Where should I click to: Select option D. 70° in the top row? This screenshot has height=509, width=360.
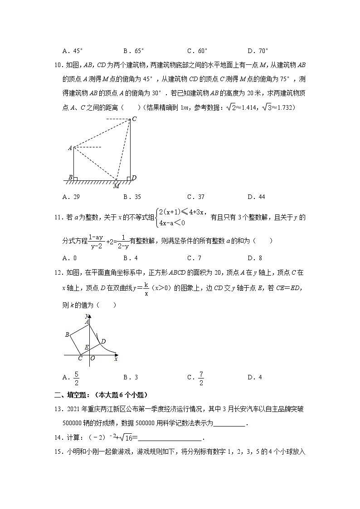(x=258, y=51)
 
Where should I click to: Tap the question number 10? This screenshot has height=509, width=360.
(x=58, y=66)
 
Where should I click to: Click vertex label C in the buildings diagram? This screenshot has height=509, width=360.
(x=134, y=119)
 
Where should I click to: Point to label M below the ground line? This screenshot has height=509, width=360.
(x=116, y=186)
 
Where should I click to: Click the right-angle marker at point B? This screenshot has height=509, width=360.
(x=75, y=178)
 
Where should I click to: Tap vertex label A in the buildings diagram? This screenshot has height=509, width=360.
(x=70, y=148)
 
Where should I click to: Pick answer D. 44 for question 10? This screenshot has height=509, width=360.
(x=256, y=197)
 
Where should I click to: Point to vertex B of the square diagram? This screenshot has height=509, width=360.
(x=67, y=335)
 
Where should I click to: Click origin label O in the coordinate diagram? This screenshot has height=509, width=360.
(x=92, y=358)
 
